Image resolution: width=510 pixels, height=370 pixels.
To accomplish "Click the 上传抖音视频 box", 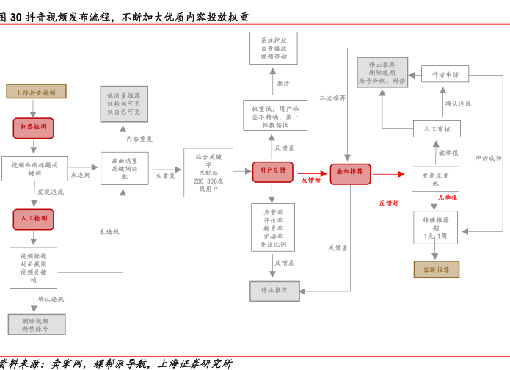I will coord(36,92).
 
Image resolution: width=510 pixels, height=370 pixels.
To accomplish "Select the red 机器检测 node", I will coord(33,128).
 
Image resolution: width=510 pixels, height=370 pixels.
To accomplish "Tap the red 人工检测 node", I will coord(33,219).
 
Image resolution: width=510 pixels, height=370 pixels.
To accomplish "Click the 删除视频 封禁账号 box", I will coord(36,325).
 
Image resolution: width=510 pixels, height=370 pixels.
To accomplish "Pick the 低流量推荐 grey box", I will coord(123,104).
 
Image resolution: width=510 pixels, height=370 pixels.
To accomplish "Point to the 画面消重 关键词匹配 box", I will coord(124,168).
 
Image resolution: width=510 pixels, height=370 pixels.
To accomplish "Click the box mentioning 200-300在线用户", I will coord(208,173).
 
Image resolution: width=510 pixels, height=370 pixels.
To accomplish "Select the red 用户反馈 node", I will coord(272,172).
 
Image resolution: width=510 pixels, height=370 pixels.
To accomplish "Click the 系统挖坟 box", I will coord(273,48).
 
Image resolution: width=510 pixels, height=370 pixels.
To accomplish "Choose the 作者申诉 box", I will coord(445,74).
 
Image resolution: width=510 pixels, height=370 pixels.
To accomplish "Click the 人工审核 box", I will coord(437,129).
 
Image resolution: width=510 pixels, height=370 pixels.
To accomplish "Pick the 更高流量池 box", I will coord(435,179).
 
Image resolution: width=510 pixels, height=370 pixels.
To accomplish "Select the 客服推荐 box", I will coord(436,269).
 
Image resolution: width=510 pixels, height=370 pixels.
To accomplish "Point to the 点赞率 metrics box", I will coord(272,228).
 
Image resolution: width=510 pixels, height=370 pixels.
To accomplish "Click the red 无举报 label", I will coord(448,197).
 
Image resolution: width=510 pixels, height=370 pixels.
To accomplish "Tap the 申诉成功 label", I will coord(488,158).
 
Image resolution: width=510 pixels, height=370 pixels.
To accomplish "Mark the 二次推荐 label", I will coord(332,98).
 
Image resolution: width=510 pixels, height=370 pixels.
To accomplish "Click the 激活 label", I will coord(283,84).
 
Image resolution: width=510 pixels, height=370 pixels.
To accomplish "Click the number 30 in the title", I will coord(15,17).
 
